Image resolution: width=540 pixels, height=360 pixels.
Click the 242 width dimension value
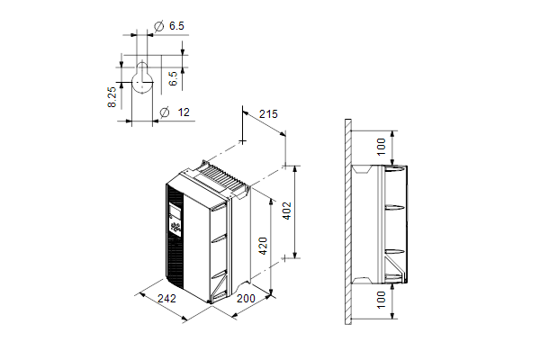(166, 298)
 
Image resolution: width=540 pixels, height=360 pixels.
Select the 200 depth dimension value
(246, 298)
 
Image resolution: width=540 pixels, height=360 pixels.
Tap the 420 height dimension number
(264, 246)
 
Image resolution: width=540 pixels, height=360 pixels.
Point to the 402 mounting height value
(286, 211)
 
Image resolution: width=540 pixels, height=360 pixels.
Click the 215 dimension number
(268, 114)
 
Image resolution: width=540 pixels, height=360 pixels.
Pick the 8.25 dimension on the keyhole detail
(112, 97)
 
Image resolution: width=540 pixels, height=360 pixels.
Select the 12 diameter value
(184, 112)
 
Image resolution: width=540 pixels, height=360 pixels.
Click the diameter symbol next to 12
(165, 112)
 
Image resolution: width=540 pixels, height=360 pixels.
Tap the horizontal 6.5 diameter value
(176, 26)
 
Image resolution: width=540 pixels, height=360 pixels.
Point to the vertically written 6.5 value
(173, 78)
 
